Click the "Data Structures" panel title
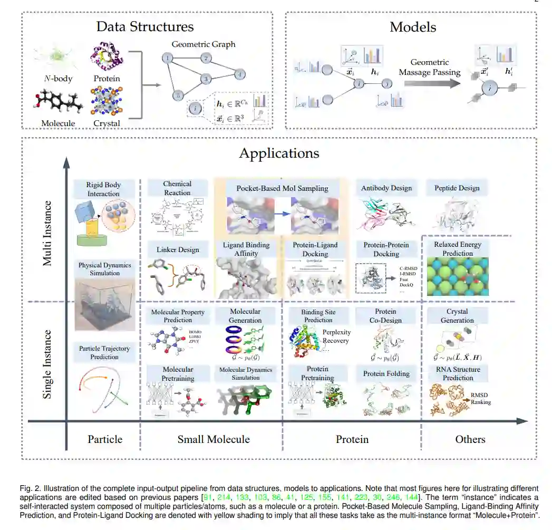144,27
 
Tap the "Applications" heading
279,153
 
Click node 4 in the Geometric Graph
239,74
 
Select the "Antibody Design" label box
386,188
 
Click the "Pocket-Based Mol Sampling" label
282,188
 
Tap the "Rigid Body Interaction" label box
104,189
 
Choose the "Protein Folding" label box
386,374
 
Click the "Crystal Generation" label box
457,316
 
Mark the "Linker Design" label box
177,249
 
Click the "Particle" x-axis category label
105,439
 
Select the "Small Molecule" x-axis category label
214,439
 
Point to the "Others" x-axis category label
470,439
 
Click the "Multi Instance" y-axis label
47,233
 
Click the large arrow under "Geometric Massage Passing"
430,83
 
